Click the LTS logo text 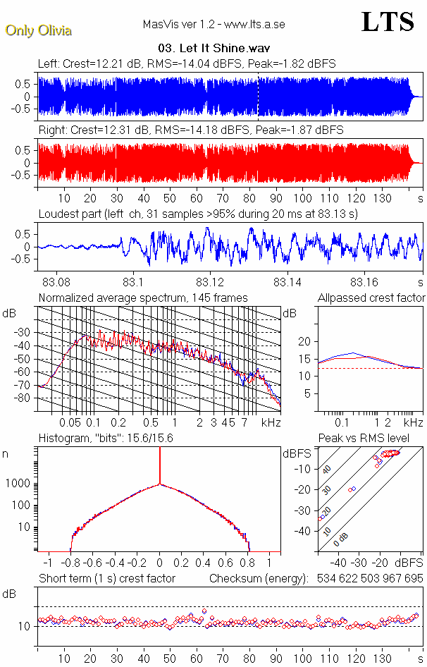click(x=387, y=22)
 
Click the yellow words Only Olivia click(x=38, y=30)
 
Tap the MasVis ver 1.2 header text click(x=213, y=25)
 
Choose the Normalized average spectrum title click(x=143, y=298)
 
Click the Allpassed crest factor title click(x=371, y=298)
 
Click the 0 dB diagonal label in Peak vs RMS click(x=342, y=538)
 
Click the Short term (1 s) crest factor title click(x=107, y=579)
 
